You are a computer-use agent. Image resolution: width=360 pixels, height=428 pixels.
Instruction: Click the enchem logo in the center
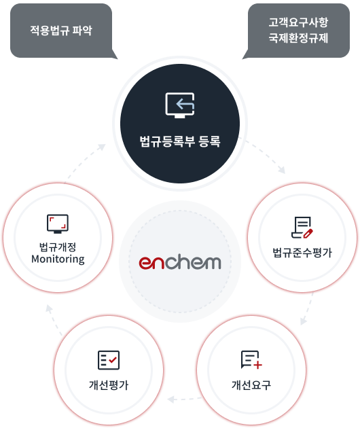180,262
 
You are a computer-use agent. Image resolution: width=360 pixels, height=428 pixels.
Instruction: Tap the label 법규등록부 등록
180,141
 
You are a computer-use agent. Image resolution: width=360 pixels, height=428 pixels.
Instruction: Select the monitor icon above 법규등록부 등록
180,105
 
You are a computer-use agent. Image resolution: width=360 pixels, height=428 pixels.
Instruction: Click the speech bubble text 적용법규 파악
61,30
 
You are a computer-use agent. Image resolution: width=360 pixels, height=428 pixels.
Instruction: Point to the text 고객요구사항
298,22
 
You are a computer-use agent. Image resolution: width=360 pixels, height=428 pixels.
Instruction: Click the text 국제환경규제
298,37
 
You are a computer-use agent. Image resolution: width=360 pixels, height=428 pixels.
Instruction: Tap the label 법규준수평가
302,253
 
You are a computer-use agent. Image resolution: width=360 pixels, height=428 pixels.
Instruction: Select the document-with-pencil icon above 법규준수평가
302,228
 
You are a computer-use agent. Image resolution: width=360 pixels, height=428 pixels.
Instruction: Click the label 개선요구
251,385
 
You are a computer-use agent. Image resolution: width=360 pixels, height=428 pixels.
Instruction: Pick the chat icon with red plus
251,360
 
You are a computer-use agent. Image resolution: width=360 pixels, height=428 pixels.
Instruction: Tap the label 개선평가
109,385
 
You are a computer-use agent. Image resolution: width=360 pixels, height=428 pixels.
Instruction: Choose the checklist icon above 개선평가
109,360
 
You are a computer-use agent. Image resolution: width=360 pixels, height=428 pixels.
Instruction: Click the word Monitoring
58,259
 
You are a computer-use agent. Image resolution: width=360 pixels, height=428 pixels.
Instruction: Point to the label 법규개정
58,247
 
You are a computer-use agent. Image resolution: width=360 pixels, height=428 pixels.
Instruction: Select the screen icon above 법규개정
58,224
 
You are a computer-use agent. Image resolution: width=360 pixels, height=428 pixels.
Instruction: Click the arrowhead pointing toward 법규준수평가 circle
282,170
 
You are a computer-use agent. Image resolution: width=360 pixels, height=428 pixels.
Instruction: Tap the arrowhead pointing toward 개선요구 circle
303,321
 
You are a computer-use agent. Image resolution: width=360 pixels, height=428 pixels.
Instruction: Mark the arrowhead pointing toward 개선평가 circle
171,399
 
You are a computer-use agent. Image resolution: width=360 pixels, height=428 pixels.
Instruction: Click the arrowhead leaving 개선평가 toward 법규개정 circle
49,308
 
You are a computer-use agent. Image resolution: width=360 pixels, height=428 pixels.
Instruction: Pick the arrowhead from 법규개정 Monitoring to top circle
102,147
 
